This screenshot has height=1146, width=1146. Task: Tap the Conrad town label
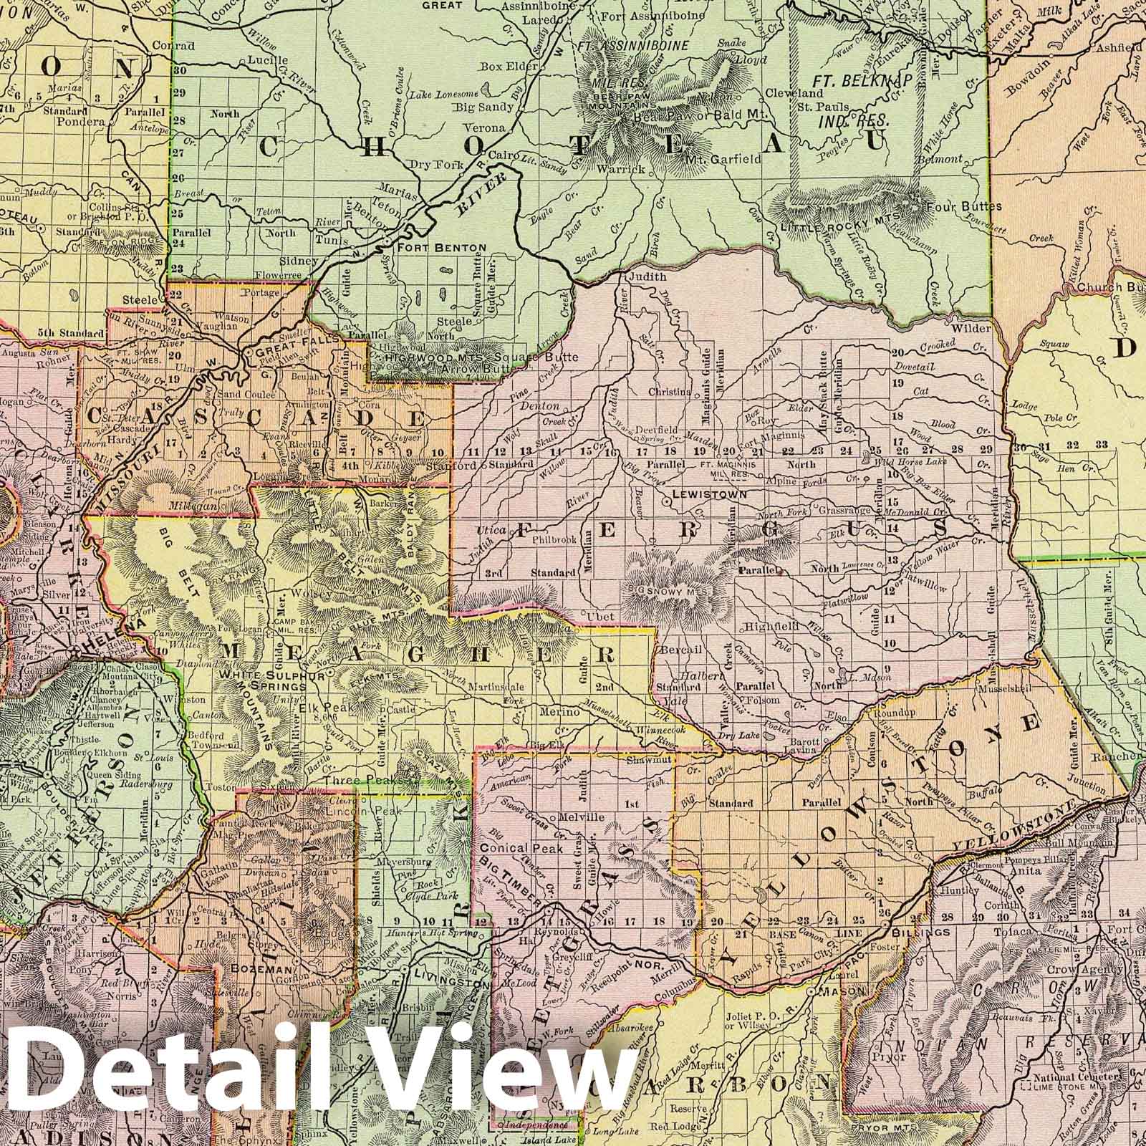159,44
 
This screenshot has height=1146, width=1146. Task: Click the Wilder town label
971,328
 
